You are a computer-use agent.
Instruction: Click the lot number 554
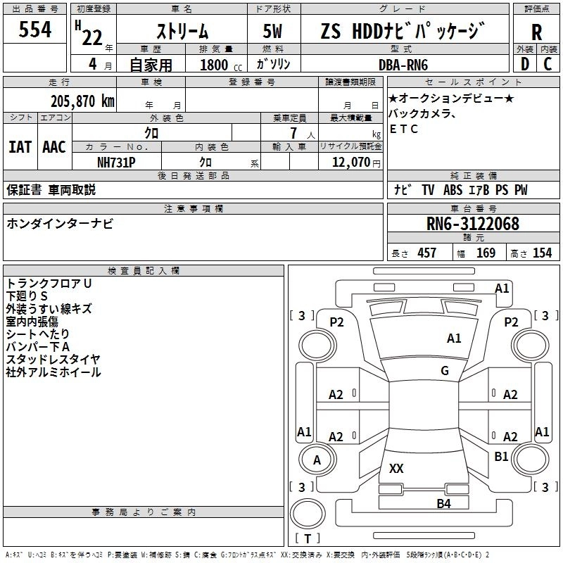[34, 29]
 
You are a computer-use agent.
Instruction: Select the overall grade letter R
[536, 32]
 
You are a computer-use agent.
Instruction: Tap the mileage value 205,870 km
[82, 101]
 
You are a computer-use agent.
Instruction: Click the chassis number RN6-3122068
[472, 224]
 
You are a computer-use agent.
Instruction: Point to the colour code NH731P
[116, 163]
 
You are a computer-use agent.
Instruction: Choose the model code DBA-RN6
[403, 65]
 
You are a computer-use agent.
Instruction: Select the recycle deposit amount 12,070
[350, 163]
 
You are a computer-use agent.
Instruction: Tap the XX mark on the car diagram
[396, 468]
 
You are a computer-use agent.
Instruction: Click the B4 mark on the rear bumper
[443, 504]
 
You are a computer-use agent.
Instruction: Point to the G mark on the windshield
[445, 371]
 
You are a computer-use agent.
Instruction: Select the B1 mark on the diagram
[501, 457]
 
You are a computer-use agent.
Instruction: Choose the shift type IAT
[20, 147]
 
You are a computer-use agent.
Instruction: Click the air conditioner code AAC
[54, 147]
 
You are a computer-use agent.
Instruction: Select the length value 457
[427, 253]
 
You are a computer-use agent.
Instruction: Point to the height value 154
[542, 253]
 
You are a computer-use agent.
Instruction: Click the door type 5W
[272, 31]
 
